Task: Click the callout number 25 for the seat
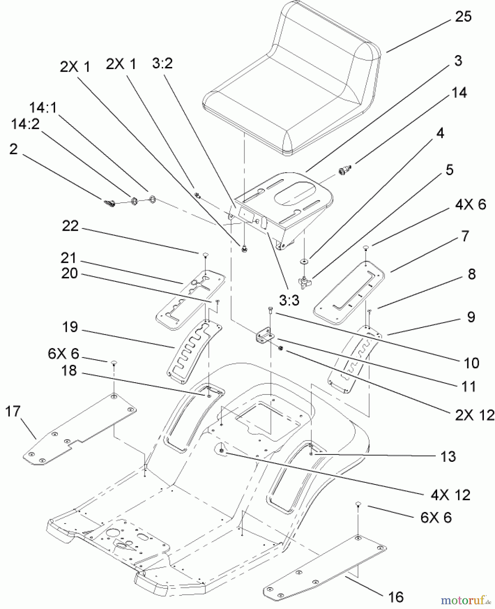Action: coord(463,16)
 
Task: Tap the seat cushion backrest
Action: coord(325,51)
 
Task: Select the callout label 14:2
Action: coord(25,124)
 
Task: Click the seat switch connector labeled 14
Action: coord(344,170)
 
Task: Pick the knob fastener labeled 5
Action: coord(305,281)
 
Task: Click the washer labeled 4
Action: coord(304,262)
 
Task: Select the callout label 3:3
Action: coord(289,300)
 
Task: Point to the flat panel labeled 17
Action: coord(80,430)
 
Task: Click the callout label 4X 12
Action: coord(450,495)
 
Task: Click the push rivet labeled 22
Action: coord(205,254)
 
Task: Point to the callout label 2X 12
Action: coord(474,415)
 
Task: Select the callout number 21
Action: coord(69,258)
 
